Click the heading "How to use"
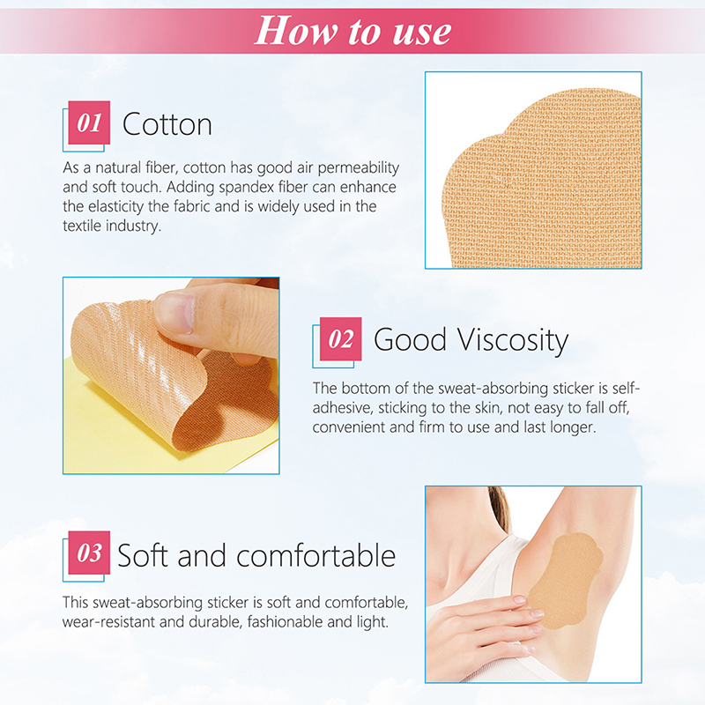pos(353,31)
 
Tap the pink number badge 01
pos(89,122)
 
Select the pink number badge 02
pos(340,338)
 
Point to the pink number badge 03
pos(89,553)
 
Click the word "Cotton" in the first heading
pos(167,124)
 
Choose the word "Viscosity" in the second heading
pos(513,340)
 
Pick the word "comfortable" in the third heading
pos(315,556)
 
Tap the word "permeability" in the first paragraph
pos(359,168)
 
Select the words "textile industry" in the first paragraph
pos(112,226)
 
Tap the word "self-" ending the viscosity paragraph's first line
pos(625,388)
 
